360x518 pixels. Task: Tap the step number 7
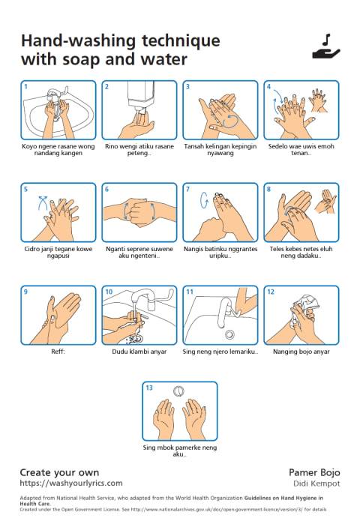(187, 190)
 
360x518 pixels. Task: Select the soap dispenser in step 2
(141, 97)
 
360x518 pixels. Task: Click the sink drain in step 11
(229, 334)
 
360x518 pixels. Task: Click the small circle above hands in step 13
(178, 391)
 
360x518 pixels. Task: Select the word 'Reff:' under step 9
(58, 352)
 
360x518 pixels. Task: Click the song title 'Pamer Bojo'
(314, 472)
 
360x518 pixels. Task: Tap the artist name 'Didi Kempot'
(316, 484)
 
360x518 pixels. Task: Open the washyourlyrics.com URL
(71, 483)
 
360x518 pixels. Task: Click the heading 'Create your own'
(59, 472)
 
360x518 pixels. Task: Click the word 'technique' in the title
(181, 41)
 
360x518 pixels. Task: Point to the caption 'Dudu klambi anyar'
(139, 352)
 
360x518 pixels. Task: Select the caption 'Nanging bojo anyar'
(301, 352)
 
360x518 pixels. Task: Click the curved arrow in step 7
(204, 200)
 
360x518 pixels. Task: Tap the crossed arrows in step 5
(43, 203)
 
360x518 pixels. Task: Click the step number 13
(149, 388)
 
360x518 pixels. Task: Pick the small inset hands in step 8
(325, 200)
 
